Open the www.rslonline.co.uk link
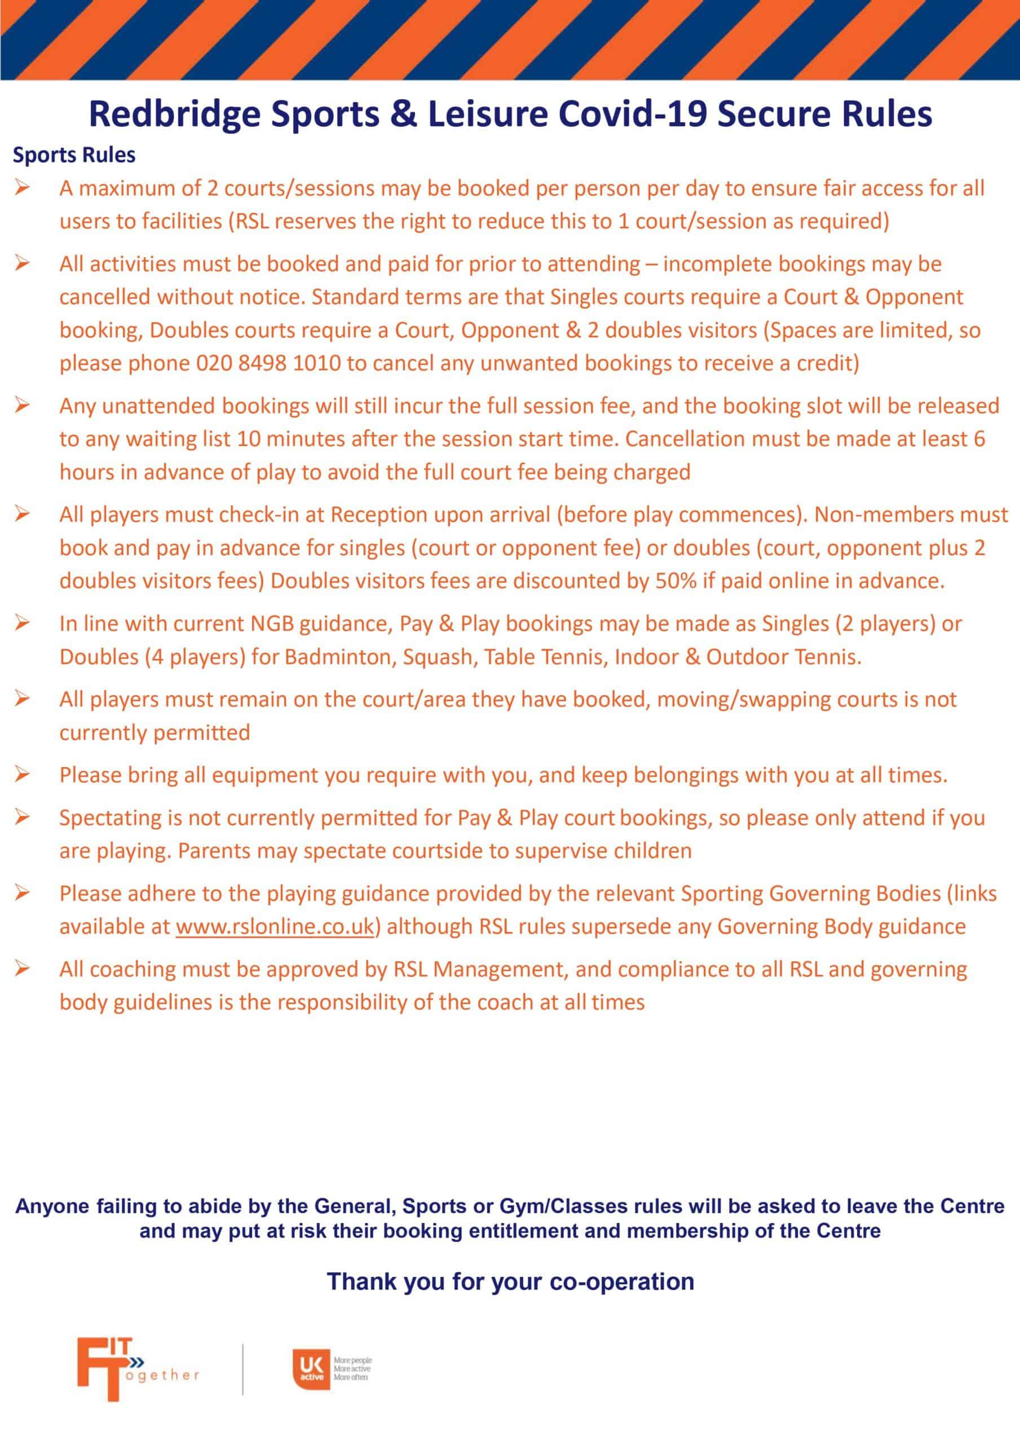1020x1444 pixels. click(275, 926)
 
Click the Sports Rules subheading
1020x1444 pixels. click(74, 155)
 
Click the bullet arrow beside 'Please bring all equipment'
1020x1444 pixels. click(23, 775)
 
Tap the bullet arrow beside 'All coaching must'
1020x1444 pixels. click(23, 969)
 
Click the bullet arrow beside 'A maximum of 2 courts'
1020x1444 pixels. click(23, 188)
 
